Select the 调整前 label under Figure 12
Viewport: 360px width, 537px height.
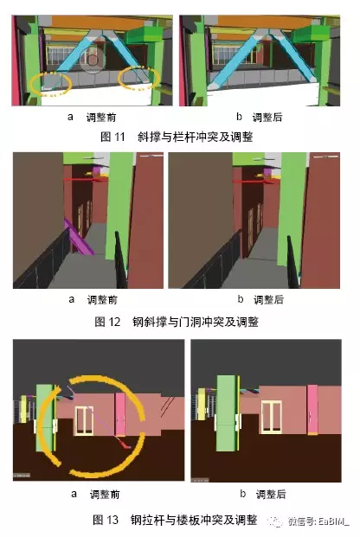click(102, 300)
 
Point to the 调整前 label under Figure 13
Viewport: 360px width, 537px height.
click(102, 495)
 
